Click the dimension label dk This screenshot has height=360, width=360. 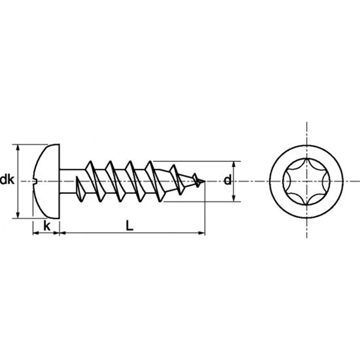point(7,179)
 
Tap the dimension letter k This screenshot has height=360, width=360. point(47,226)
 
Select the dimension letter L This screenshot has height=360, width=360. point(130,226)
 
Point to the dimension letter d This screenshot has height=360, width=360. point(227,179)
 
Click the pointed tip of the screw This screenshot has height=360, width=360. point(205,181)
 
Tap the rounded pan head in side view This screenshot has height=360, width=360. point(47,181)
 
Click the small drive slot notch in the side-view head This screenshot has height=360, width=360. point(35,181)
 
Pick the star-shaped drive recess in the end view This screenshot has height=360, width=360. point(307,182)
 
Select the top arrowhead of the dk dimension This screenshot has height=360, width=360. point(18,148)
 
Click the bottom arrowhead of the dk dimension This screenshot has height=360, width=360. point(18,215)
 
